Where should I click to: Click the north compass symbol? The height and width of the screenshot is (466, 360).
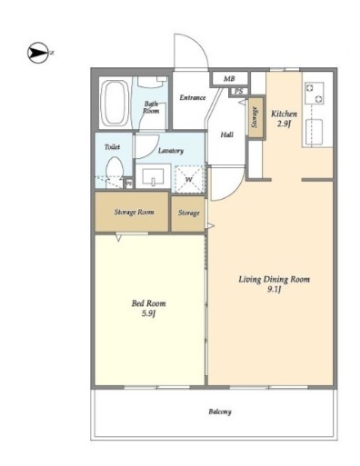click(x=38, y=53)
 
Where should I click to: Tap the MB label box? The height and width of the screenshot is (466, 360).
click(x=229, y=79)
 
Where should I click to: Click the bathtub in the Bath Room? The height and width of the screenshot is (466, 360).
click(x=115, y=104)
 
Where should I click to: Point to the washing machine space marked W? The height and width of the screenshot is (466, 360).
click(x=189, y=179)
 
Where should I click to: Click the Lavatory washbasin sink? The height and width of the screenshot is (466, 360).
click(x=153, y=176)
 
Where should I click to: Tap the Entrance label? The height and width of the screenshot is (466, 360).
click(x=193, y=97)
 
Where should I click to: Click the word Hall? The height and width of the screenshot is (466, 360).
click(x=227, y=134)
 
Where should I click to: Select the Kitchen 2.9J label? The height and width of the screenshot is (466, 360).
click(x=284, y=118)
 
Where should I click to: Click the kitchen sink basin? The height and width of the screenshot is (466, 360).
click(x=314, y=132)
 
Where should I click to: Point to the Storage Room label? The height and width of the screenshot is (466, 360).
click(x=134, y=212)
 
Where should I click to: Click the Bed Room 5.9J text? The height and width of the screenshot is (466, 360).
click(x=148, y=308)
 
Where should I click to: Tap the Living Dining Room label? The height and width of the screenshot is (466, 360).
click(x=275, y=283)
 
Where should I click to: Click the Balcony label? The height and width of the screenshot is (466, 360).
click(x=220, y=411)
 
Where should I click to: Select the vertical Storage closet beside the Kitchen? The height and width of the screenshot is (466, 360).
click(x=255, y=117)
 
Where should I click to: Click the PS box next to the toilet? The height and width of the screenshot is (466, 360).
click(x=129, y=183)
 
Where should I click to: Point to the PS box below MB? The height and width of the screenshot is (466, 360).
click(x=239, y=91)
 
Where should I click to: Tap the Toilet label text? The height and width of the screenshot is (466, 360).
click(x=112, y=147)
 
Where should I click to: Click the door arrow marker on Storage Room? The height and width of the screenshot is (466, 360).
click(x=118, y=237)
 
